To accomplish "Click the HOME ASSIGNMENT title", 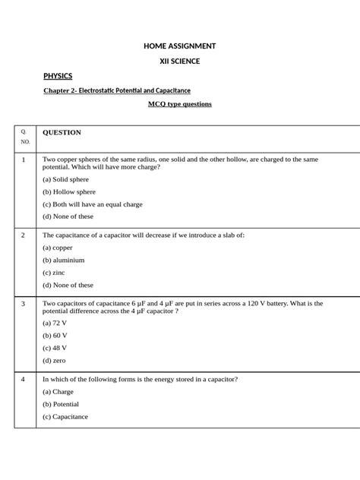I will [x=180, y=46].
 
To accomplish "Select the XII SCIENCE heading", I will [x=180, y=61].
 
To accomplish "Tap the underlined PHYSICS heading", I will [x=58, y=76].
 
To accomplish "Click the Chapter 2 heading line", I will [x=117, y=90].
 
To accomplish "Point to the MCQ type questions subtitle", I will [x=179, y=103].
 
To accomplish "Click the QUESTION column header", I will [x=62, y=132].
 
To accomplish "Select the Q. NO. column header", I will [x=25, y=137].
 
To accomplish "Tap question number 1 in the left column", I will [x=24, y=159].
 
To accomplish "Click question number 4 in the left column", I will [x=24, y=378].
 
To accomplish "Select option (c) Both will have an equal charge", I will [x=92, y=204].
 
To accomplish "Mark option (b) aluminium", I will [x=63, y=260].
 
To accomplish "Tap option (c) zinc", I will [x=54, y=272].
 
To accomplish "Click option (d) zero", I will [x=55, y=360].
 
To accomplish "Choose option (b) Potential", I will [x=61, y=404].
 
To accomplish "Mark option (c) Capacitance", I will [x=65, y=416].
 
